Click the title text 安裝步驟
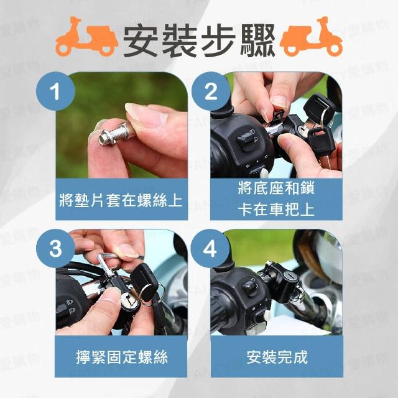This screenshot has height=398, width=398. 199,40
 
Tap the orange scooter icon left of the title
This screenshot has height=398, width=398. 87,37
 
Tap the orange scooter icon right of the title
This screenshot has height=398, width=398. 311,37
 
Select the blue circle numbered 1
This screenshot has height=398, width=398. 55,91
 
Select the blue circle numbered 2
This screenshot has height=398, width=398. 211,91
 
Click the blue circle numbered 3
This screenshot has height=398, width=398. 55,248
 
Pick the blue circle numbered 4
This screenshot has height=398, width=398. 210,248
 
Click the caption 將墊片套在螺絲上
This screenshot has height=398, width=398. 121,200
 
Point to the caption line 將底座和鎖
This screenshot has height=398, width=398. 276,188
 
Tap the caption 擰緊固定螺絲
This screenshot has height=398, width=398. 122,358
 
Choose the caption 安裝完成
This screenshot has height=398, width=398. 277,358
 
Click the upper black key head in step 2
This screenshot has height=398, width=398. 319,107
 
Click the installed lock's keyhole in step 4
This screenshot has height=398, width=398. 289,275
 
